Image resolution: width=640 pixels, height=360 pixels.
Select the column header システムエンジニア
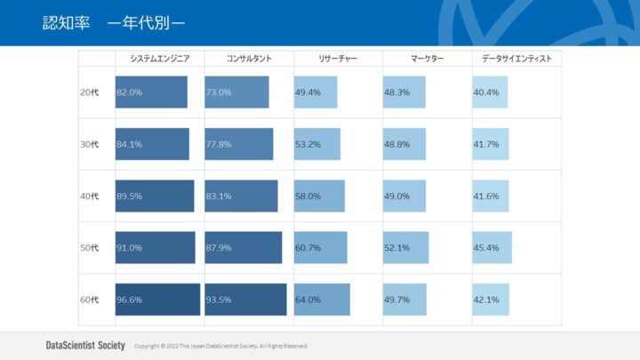[159, 59]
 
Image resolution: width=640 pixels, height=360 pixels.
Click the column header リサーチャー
[338, 59]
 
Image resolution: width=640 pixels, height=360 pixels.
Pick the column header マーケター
[427, 59]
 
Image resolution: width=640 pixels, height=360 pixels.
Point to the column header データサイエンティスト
[516, 59]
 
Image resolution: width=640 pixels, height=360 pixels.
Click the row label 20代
[90, 92]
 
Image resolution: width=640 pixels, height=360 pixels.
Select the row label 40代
[90, 196]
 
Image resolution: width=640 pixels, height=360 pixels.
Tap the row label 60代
[90, 300]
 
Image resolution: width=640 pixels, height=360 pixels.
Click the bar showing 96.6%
[157, 300]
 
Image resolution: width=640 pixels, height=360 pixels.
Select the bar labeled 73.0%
[236, 92]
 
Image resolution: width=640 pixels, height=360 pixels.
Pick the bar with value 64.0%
[322, 300]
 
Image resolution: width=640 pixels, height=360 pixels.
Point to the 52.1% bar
[406, 248]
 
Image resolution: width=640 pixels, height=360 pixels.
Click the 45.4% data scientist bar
[492, 248]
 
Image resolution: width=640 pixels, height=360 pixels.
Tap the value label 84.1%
[130, 144]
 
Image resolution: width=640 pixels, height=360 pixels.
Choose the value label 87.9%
[219, 248]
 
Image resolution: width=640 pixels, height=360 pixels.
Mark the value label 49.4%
[308, 92]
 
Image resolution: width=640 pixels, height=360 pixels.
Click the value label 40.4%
[486, 92]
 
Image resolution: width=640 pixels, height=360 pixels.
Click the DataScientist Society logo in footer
[85, 345]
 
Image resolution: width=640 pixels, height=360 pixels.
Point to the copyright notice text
[220, 346]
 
